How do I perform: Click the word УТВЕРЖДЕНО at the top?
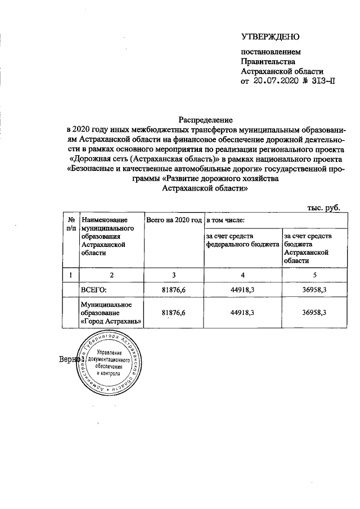(x=270, y=37)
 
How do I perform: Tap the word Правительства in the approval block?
(x=267, y=62)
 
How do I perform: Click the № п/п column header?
(x=71, y=224)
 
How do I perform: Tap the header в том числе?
(x=225, y=220)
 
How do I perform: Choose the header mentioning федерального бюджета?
(x=242, y=241)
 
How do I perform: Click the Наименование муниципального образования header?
(x=107, y=236)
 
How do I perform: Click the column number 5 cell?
(x=314, y=275)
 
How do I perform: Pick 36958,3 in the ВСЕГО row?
(x=314, y=290)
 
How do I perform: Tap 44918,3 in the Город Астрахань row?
(x=242, y=312)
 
